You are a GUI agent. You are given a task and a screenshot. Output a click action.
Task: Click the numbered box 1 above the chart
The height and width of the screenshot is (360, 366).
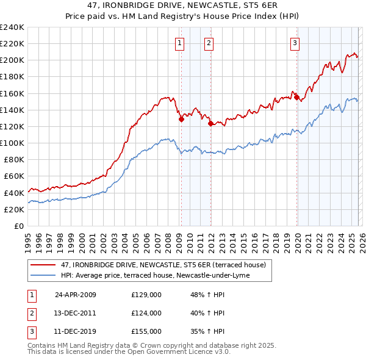[180, 43]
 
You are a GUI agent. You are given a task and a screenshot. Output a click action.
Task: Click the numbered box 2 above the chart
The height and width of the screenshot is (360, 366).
[209, 43]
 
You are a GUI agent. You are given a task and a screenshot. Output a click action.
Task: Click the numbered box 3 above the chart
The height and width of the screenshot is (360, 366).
[295, 43]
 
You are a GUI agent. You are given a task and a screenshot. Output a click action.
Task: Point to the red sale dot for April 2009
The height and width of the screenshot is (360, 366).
[181, 120]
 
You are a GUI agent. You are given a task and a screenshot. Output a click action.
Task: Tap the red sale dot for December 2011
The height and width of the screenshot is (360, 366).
[210, 124]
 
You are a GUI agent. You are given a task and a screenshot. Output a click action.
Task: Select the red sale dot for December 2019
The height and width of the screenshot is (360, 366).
[296, 97]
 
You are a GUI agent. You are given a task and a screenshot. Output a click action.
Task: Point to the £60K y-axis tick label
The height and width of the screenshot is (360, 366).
[13, 176]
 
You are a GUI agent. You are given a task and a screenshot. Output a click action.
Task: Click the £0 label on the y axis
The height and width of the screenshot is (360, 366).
[19, 226]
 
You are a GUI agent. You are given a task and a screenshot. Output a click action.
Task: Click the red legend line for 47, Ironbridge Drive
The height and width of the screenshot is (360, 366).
[43, 265]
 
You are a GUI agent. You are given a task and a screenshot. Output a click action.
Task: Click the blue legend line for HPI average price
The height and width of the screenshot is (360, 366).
[43, 275]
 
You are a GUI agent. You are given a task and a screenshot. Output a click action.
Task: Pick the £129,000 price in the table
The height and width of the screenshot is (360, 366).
[146, 294]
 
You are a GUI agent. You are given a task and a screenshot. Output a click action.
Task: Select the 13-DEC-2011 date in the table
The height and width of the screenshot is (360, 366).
[75, 313]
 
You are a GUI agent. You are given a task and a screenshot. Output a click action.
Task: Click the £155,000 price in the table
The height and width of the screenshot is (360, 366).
[146, 332]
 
